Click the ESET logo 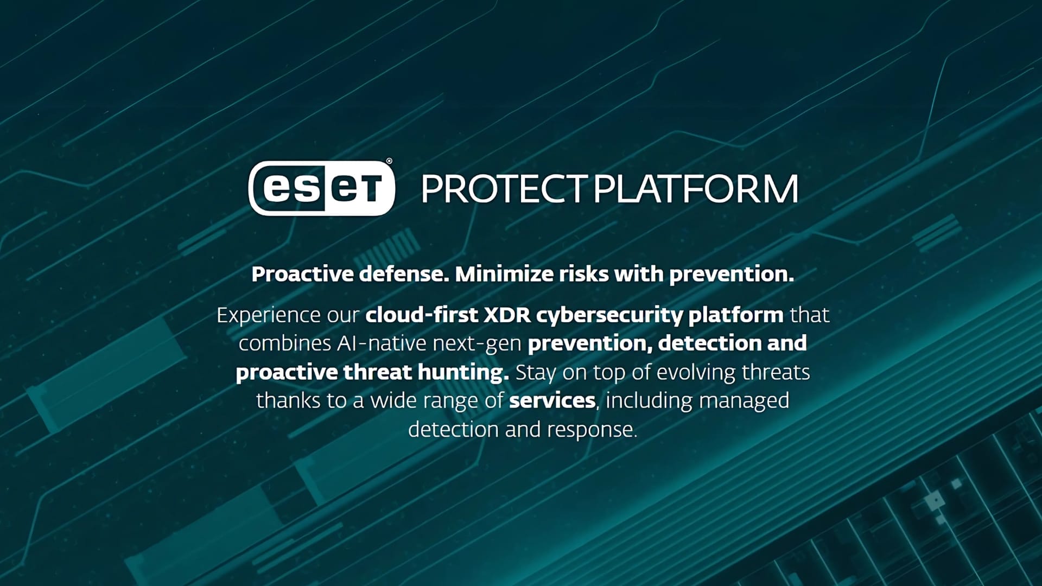pos(321,188)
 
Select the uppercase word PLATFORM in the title pos(695,189)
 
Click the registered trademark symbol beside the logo pos(389,161)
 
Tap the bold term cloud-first pos(422,315)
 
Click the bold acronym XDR pos(506,315)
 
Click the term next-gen pos(477,344)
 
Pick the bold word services pos(552,400)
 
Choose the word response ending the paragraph pos(592,430)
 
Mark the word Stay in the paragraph pos(536,373)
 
